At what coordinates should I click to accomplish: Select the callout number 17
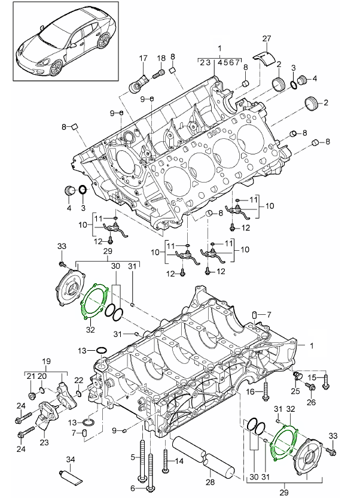[143, 57]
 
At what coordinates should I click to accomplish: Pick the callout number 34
[71, 460]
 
